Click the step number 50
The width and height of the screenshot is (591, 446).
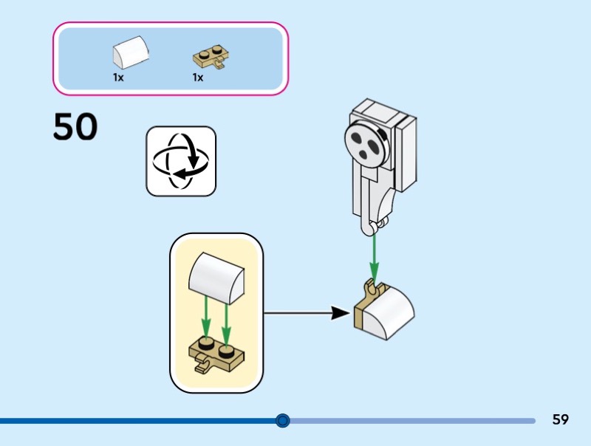click(75, 128)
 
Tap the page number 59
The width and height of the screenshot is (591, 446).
click(560, 420)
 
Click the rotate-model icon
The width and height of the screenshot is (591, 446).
click(181, 161)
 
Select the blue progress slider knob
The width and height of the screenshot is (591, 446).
click(282, 421)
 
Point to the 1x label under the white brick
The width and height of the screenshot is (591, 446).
click(118, 77)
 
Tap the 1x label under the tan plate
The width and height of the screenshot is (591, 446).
click(197, 77)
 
